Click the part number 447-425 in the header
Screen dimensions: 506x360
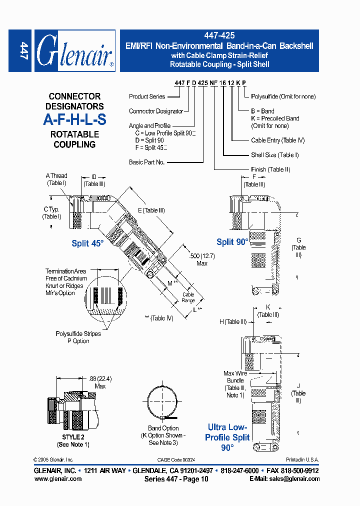tap(219, 36)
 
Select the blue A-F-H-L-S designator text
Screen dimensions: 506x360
tap(74, 120)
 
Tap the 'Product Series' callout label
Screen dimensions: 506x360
tap(146, 96)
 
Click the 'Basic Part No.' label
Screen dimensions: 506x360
tap(146, 162)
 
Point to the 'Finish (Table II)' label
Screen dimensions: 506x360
tap(270, 169)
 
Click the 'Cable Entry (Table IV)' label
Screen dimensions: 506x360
tap(277, 140)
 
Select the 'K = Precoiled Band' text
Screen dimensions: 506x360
tap(275, 118)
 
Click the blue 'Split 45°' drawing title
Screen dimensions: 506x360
tap(87, 243)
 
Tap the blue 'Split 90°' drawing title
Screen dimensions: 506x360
tap(232, 242)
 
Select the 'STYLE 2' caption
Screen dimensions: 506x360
tap(73, 437)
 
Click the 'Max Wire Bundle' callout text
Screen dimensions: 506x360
tap(235, 377)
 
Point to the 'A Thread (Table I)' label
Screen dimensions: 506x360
tap(56, 179)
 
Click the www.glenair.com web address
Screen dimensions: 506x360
tap(58, 478)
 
